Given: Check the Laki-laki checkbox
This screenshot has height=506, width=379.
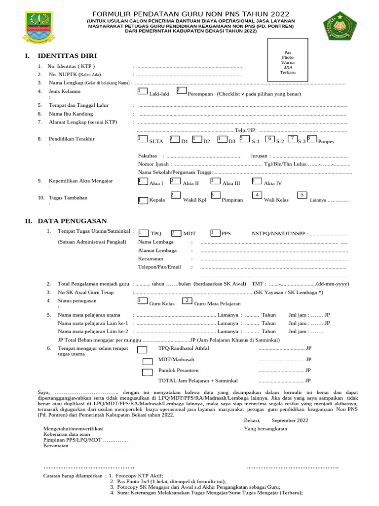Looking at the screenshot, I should click(x=142, y=91).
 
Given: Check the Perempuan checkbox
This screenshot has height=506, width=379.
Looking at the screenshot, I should click(x=181, y=90).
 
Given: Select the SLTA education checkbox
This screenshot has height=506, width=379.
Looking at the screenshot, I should click(x=142, y=139).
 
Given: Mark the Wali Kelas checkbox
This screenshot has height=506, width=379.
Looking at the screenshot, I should click(x=257, y=196).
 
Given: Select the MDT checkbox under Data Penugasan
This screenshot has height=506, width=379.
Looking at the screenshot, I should click(x=176, y=233).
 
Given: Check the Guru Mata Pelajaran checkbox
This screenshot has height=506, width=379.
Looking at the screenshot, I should click(x=187, y=301).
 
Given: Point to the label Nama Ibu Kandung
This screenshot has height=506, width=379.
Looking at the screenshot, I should click(x=71, y=114).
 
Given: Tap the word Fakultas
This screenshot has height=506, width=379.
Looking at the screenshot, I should click(x=148, y=156).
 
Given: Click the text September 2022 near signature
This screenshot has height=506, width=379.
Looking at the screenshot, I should click(x=290, y=420).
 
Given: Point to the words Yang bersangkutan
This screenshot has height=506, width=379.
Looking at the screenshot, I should click(x=265, y=428).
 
